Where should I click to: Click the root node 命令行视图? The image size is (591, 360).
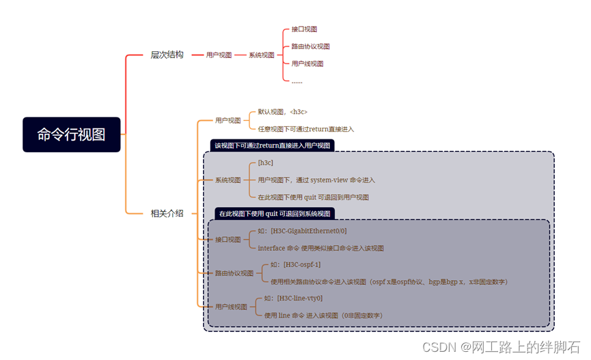(71, 135)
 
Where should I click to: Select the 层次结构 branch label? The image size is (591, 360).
(167, 55)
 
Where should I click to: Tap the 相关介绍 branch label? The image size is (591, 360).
(167, 213)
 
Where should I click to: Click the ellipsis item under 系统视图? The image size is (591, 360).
(297, 81)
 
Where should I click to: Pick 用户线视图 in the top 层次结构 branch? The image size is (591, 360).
(307, 64)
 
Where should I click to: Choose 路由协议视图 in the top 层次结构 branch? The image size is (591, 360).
(310, 46)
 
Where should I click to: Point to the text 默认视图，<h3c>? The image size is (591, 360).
(282, 111)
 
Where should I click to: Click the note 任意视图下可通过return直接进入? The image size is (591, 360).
(305, 128)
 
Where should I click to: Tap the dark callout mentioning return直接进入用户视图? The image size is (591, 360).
(272, 145)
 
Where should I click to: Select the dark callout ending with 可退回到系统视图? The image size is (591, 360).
(274, 213)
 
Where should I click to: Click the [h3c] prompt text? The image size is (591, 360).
(265, 163)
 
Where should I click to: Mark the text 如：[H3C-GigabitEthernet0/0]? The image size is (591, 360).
(302, 231)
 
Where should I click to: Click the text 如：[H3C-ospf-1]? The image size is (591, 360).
(295, 264)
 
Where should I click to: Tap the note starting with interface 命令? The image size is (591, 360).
(320, 248)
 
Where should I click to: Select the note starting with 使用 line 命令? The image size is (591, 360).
(323, 315)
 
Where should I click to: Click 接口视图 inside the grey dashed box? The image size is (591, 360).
(228, 240)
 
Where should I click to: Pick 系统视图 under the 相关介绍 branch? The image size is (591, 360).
(228, 180)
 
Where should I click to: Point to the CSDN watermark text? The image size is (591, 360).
(501, 347)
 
